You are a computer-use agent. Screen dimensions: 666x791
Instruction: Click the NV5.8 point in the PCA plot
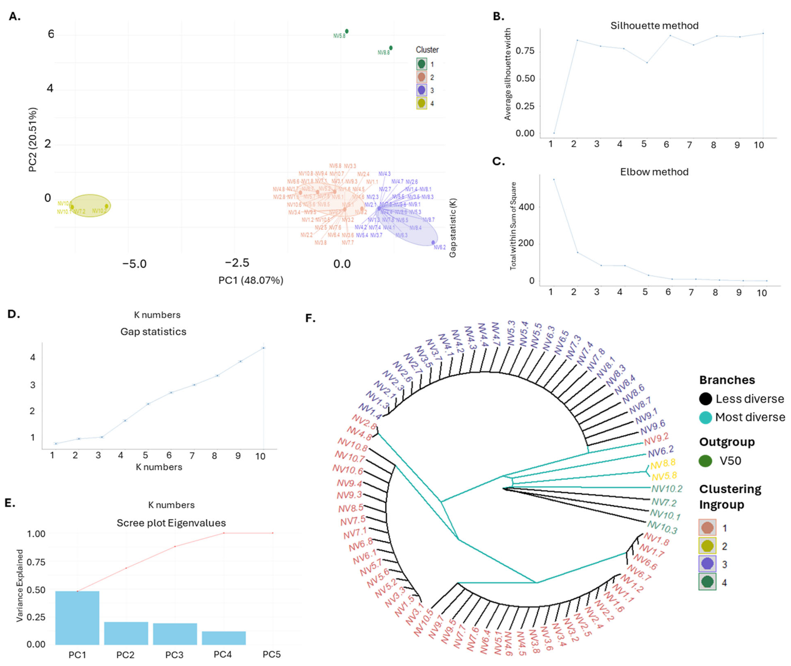pos(347,31)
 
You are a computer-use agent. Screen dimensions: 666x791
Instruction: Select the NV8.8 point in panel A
pos(391,48)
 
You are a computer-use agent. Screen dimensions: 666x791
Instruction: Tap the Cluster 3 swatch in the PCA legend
pos(421,90)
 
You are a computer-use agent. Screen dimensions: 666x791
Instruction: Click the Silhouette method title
pos(654,26)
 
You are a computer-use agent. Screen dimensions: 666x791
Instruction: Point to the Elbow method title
pos(654,172)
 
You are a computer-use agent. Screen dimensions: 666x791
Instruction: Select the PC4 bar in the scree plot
pos(224,638)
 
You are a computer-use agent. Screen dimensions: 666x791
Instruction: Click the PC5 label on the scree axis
pos(272,654)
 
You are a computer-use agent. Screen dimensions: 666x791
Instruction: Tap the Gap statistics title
pos(153,331)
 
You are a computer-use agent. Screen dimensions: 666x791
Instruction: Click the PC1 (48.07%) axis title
pos(251,280)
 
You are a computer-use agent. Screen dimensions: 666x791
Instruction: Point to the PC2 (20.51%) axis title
pos(33,140)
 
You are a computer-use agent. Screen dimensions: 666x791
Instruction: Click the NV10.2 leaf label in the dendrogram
pos(667,489)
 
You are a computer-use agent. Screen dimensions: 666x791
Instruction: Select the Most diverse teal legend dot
pos(705,417)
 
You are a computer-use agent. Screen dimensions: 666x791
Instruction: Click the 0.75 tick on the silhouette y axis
pos(525,51)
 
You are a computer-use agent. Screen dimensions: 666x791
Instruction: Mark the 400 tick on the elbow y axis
pos(526,207)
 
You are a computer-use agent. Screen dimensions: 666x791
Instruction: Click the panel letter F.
pos(310,318)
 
